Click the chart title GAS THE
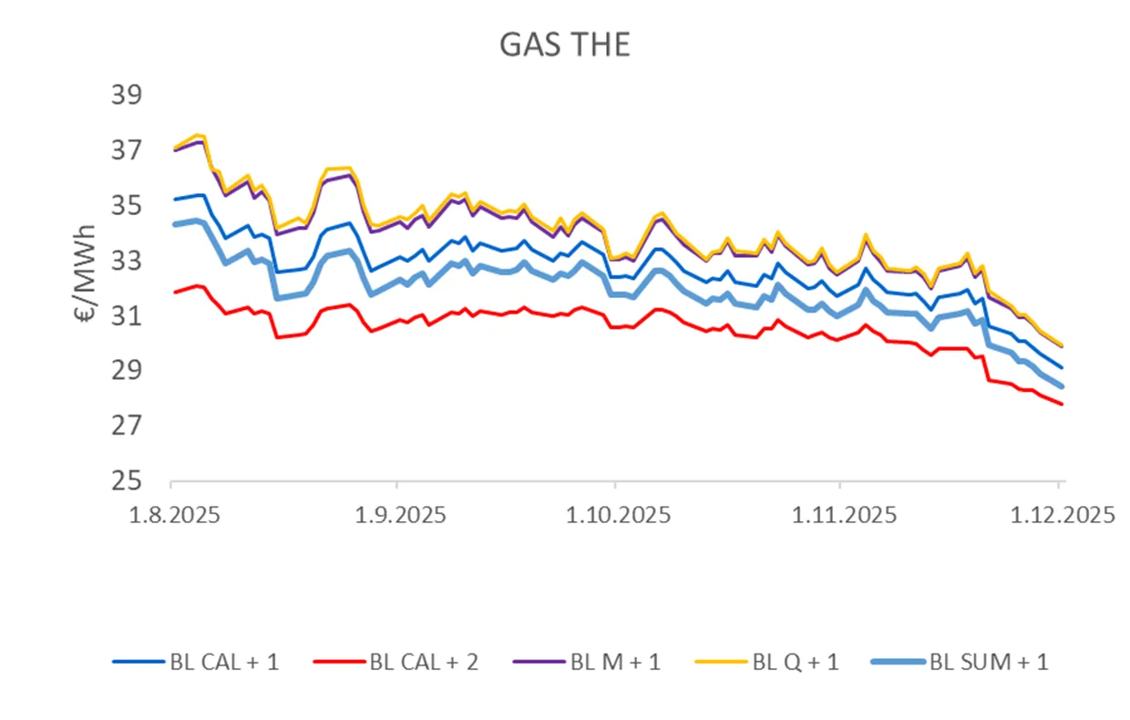pos(564,46)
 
